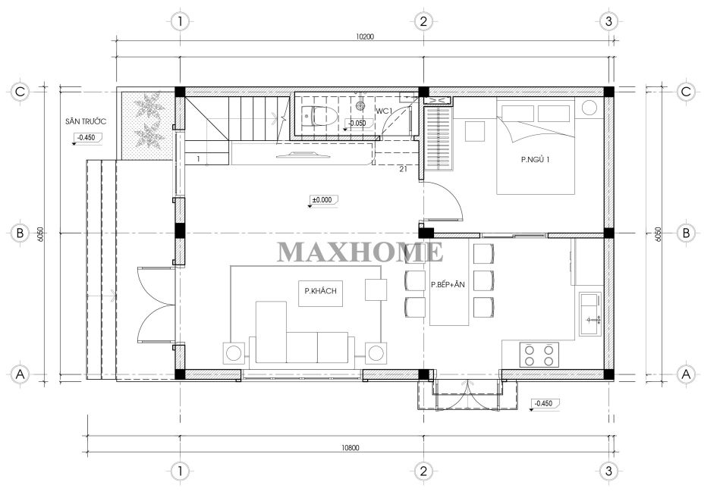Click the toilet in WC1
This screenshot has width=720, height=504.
click(x=314, y=116)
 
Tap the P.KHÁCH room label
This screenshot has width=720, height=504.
click(x=320, y=291)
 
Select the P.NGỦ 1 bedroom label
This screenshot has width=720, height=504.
click(x=535, y=160)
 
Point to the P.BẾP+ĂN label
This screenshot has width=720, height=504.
click(x=448, y=285)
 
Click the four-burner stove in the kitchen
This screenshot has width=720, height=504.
click(x=539, y=355)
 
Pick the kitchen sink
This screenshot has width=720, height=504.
click(x=590, y=314)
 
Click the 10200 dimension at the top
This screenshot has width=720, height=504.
click(x=365, y=36)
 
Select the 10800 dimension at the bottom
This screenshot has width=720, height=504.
click(x=350, y=448)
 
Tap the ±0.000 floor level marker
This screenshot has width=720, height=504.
click(x=322, y=200)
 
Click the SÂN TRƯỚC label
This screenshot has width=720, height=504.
click(x=86, y=121)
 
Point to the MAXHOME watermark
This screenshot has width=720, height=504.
click(x=360, y=252)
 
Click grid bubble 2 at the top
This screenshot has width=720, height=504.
click(x=423, y=21)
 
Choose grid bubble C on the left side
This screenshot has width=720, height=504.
click(x=20, y=92)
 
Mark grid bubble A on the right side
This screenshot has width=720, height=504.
click(x=686, y=374)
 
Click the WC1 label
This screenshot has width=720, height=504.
click(x=384, y=111)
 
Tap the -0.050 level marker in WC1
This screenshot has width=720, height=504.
click(x=357, y=123)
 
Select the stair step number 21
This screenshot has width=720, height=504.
click(x=403, y=169)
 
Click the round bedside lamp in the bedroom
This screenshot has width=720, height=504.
click(x=590, y=108)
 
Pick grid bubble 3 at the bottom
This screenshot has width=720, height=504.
click(x=608, y=471)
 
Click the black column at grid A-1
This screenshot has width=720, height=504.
click(x=180, y=374)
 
